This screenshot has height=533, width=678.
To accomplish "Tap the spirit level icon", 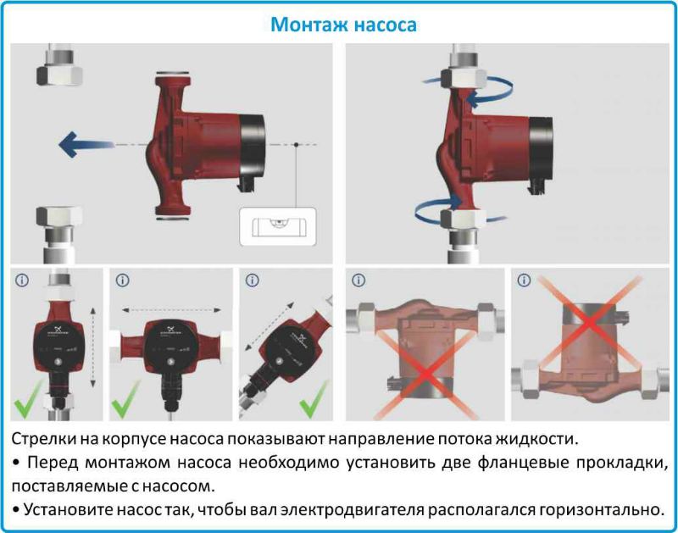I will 277,228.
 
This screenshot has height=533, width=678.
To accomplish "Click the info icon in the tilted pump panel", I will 252,280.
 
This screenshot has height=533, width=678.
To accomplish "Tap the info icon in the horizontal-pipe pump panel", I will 122,280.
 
